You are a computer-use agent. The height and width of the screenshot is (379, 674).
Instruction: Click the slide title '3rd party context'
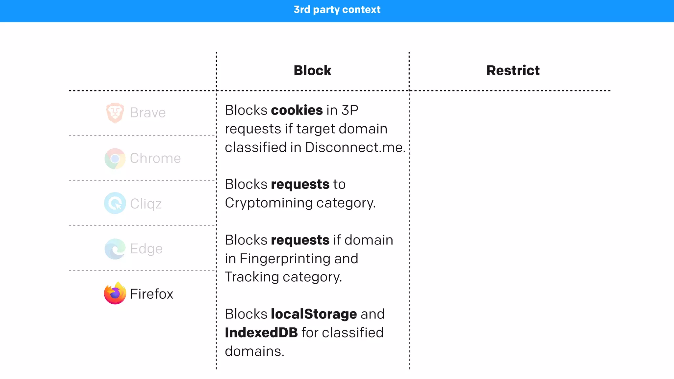(x=337, y=10)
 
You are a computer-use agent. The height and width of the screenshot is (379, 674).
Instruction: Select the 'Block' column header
(x=312, y=70)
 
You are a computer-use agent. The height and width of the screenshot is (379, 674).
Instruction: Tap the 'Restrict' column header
(x=513, y=70)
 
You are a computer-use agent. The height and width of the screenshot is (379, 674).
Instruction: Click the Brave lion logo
(x=115, y=113)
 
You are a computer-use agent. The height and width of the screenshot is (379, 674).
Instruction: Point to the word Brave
(x=148, y=113)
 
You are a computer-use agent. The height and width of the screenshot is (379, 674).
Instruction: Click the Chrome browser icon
(x=115, y=159)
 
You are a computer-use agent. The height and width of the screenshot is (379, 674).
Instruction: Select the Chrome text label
(x=155, y=158)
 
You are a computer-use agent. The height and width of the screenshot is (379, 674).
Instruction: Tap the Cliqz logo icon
(x=115, y=203)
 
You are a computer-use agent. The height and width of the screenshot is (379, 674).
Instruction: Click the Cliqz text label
(x=146, y=204)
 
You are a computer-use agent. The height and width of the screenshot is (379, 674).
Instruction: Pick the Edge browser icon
(x=115, y=249)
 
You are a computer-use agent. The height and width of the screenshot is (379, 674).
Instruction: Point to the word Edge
(x=146, y=249)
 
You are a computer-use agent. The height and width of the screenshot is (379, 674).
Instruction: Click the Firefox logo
(x=115, y=293)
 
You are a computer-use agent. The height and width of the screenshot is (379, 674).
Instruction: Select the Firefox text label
(x=151, y=294)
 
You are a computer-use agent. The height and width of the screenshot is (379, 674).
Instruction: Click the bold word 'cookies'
(x=297, y=110)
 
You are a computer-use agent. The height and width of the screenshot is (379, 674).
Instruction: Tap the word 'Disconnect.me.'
(x=355, y=147)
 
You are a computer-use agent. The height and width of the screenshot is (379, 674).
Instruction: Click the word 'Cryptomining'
(x=269, y=203)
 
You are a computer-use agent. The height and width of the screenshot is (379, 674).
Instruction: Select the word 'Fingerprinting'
(x=285, y=259)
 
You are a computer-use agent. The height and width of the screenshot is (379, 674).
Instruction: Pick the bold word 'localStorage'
(x=314, y=314)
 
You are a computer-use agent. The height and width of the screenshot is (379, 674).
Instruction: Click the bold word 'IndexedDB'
(x=261, y=333)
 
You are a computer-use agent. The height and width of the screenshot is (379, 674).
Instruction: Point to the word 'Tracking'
(x=252, y=277)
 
